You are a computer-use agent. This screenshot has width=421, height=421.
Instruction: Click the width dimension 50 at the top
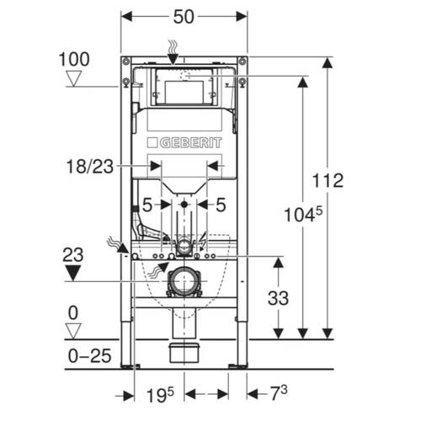(184, 17)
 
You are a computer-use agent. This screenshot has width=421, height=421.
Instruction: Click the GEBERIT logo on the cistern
(184, 143)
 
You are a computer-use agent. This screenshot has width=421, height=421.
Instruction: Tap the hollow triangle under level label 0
(74, 328)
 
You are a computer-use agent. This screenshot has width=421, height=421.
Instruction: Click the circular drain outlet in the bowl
(184, 281)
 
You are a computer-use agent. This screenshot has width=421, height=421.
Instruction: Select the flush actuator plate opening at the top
(184, 90)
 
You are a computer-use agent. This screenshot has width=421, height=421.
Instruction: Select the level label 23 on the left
(74, 253)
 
